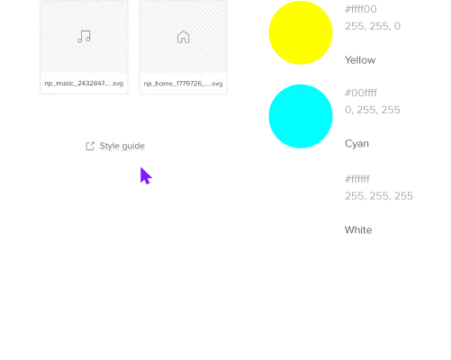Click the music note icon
pyautogui.click(x=84, y=37)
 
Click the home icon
pyautogui.click(x=184, y=37)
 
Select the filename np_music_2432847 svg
pyautogui.click(x=84, y=84)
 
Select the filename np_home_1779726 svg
pyautogui.click(x=183, y=84)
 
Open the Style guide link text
pyautogui.click(x=122, y=146)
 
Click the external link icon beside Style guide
pyautogui.click(x=90, y=146)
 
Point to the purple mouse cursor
pyautogui.click(x=146, y=175)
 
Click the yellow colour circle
pyautogui.click(x=301, y=32)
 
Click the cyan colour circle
pyautogui.click(x=301, y=116)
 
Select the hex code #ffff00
pyautogui.click(x=361, y=9)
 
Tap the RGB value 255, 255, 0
pyautogui.click(x=373, y=26)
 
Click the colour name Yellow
pyautogui.click(x=360, y=60)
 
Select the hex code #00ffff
pyautogui.click(x=361, y=93)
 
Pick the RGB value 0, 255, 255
pyautogui.click(x=373, y=110)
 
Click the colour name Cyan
pyautogui.click(x=356, y=144)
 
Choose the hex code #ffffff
pyautogui.click(x=357, y=179)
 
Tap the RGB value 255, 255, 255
pyautogui.click(x=379, y=196)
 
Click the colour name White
pyautogui.click(x=358, y=230)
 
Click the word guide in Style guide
pyautogui.click(x=133, y=147)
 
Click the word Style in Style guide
pyautogui.click(x=109, y=146)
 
